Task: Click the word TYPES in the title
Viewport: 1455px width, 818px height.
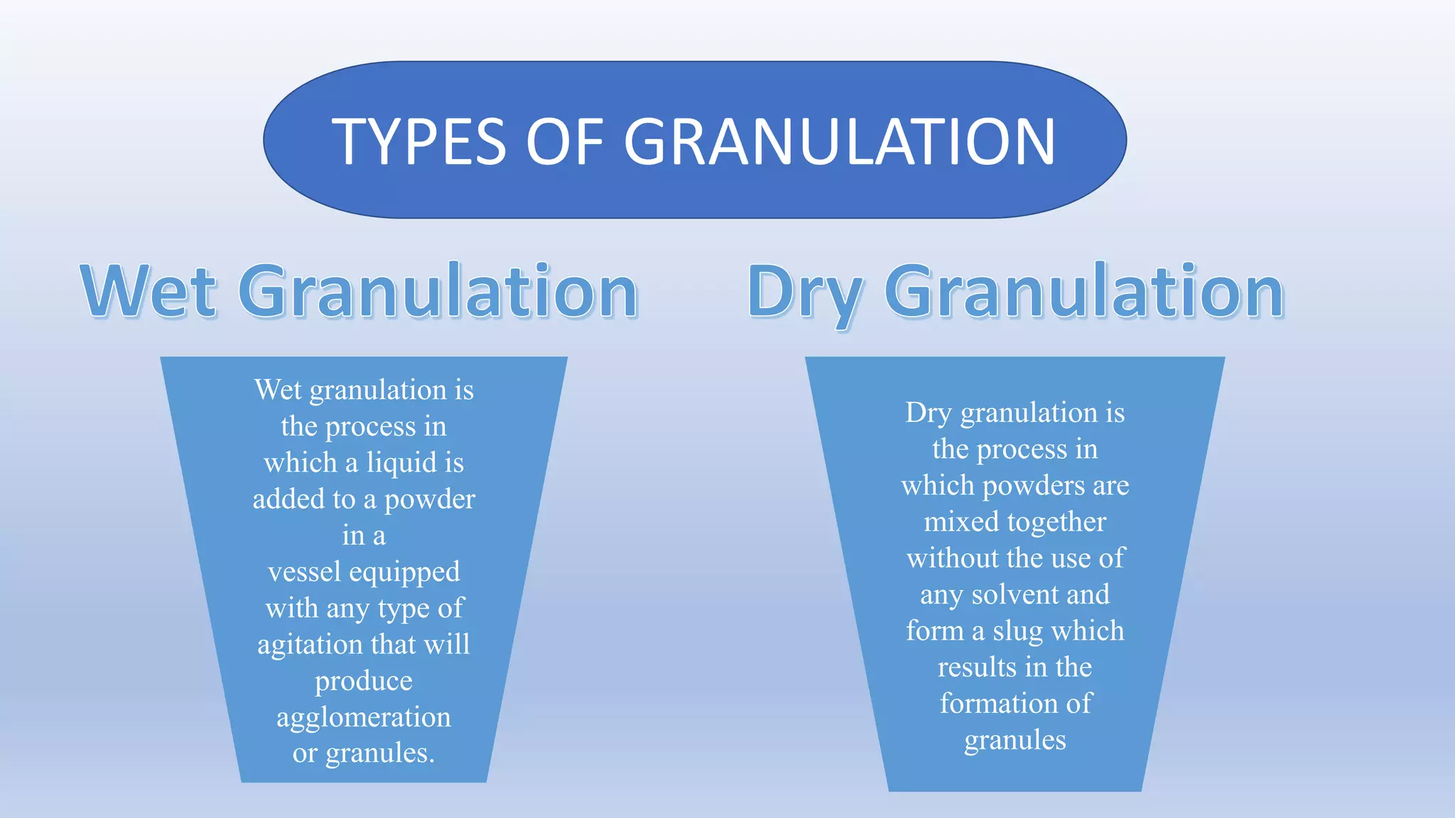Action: coord(418,142)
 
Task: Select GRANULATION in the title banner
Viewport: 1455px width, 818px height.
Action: coord(839,142)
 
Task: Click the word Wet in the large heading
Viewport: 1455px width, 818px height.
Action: coord(148,292)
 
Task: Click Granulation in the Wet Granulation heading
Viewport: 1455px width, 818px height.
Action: coord(438,292)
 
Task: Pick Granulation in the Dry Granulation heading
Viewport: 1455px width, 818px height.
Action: coord(1083,292)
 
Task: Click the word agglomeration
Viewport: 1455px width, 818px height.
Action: coord(364,718)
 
